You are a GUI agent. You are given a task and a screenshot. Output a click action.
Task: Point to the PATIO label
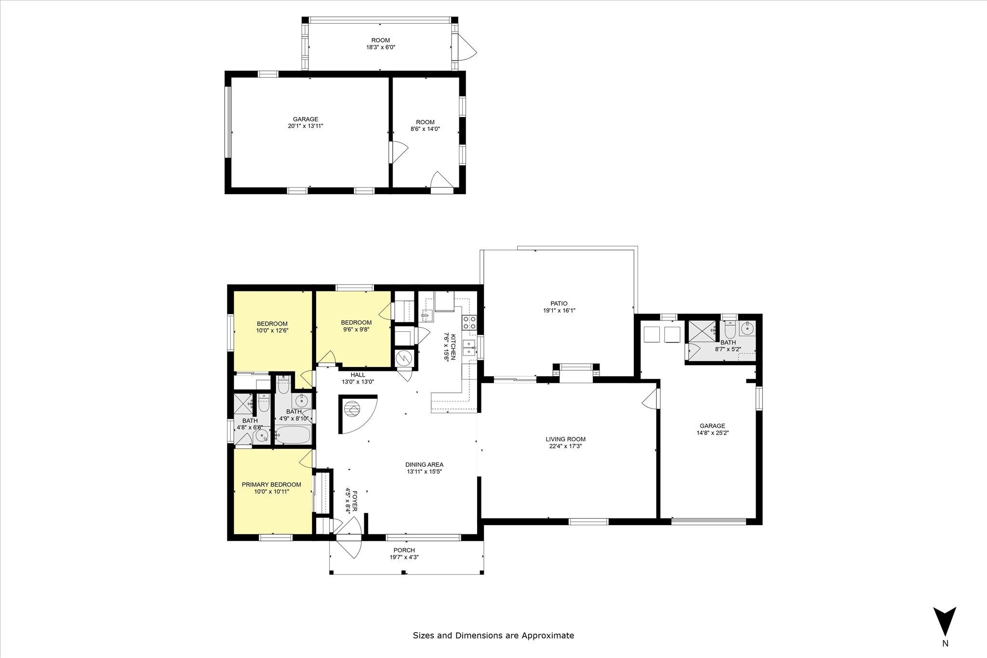[x=559, y=303]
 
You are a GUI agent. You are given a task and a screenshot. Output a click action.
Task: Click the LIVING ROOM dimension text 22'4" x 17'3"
[x=566, y=446]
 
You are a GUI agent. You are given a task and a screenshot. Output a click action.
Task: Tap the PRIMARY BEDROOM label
[x=271, y=485]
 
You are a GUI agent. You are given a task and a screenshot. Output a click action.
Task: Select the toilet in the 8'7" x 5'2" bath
[x=729, y=329]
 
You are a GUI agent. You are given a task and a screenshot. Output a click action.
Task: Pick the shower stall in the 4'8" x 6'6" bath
[x=243, y=404]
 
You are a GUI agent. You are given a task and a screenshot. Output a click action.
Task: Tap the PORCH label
[x=404, y=550]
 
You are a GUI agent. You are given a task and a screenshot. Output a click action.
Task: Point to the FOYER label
[x=355, y=501]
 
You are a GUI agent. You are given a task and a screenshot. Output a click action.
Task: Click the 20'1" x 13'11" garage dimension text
[x=306, y=126]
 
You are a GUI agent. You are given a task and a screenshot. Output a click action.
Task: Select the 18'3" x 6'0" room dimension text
[x=381, y=47]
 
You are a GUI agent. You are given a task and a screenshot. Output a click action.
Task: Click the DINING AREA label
[x=424, y=465]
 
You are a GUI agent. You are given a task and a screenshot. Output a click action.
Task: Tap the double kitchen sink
[x=468, y=347]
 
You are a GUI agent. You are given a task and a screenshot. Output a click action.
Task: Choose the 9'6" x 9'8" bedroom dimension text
[x=356, y=329]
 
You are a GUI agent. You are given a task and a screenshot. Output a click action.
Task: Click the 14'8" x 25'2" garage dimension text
[x=712, y=433]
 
